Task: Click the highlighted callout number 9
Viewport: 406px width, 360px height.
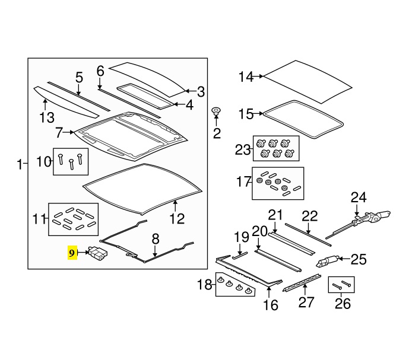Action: (x=72, y=253)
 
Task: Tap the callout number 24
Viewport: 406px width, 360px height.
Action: (x=358, y=197)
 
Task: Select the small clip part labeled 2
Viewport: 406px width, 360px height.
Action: (x=217, y=111)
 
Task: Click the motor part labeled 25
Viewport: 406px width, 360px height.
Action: (x=330, y=261)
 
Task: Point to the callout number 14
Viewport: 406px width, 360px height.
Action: (x=246, y=77)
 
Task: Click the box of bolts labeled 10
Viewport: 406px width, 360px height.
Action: (x=71, y=161)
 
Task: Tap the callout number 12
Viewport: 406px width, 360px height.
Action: (x=177, y=219)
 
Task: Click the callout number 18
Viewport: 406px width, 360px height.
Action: (x=205, y=285)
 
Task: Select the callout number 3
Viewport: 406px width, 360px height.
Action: (x=201, y=92)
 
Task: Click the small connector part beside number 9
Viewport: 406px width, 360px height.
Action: (x=98, y=254)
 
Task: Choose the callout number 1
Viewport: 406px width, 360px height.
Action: (x=20, y=164)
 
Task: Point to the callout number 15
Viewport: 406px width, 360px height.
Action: (x=246, y=114)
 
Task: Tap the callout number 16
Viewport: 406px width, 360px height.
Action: (x=270, y=305)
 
